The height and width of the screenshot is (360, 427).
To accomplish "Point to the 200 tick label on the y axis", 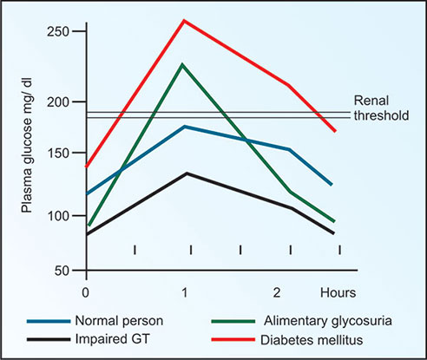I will pos(56,102).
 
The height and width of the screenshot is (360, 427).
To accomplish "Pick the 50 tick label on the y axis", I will pos(60,271).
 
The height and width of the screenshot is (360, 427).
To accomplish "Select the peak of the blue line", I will pos(184,127).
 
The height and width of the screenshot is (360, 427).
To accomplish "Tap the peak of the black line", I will pos(186,173).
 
